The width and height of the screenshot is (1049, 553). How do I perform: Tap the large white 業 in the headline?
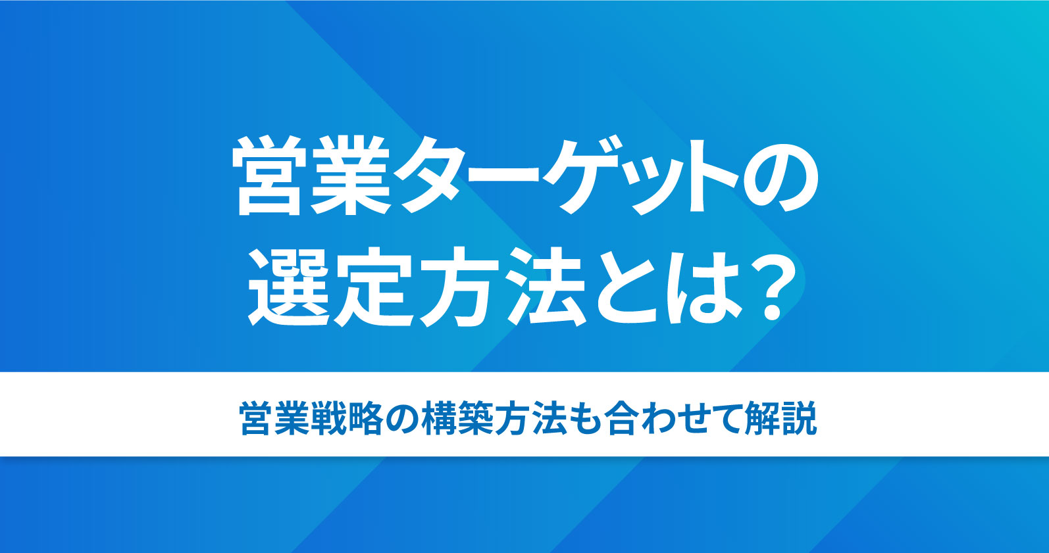pos(350,176)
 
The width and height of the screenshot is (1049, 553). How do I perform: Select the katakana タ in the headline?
pos(430,176)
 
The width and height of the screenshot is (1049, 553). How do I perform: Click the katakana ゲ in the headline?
pos(582,176)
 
